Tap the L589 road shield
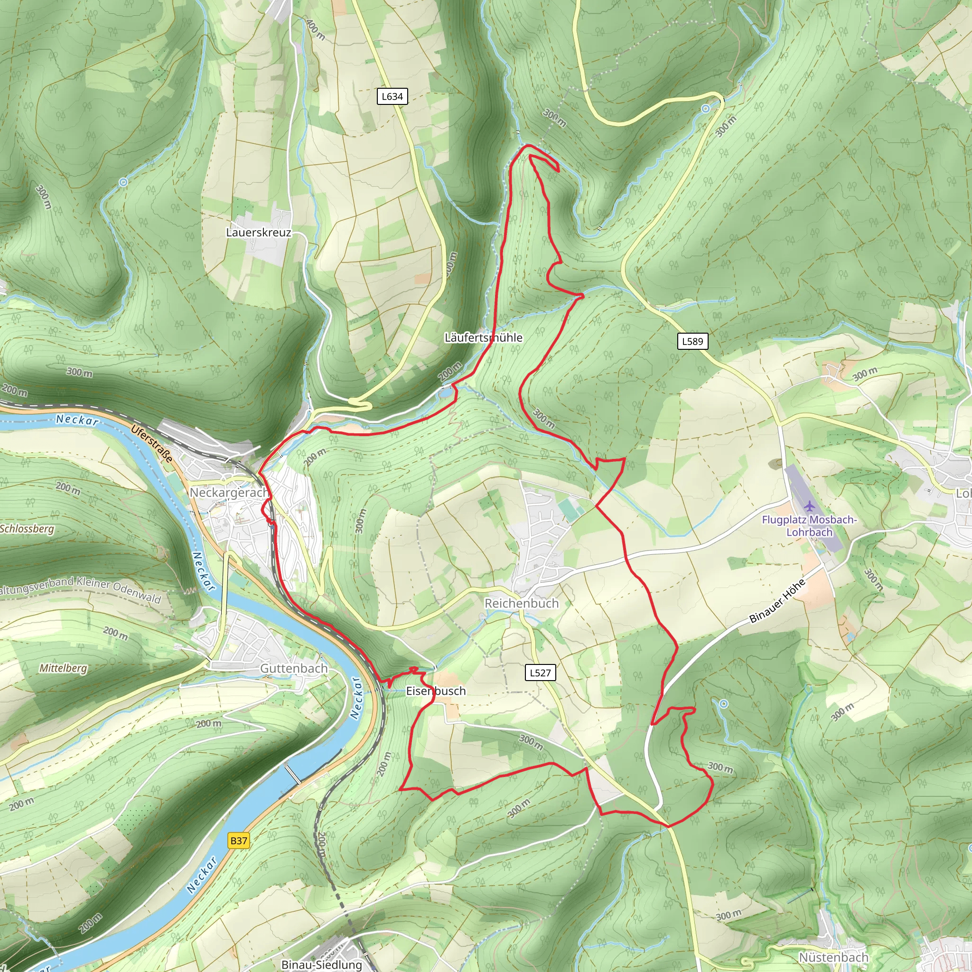point(692,342)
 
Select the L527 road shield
point(540,673)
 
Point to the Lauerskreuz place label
point(259,233)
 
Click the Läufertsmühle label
point(483,337)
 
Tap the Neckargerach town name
point(229,493)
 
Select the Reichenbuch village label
point(521,603)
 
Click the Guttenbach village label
point(293,668)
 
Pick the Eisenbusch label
point(436,691)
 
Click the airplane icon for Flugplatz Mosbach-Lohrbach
point(808,505)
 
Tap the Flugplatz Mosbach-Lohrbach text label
point(809,526)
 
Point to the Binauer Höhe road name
point(777,601)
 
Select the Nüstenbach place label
point(833,957)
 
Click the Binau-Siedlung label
point(321,964)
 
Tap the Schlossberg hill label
point(27,529)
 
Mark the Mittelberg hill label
point(64,668)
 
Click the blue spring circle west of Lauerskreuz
point(123,182)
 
